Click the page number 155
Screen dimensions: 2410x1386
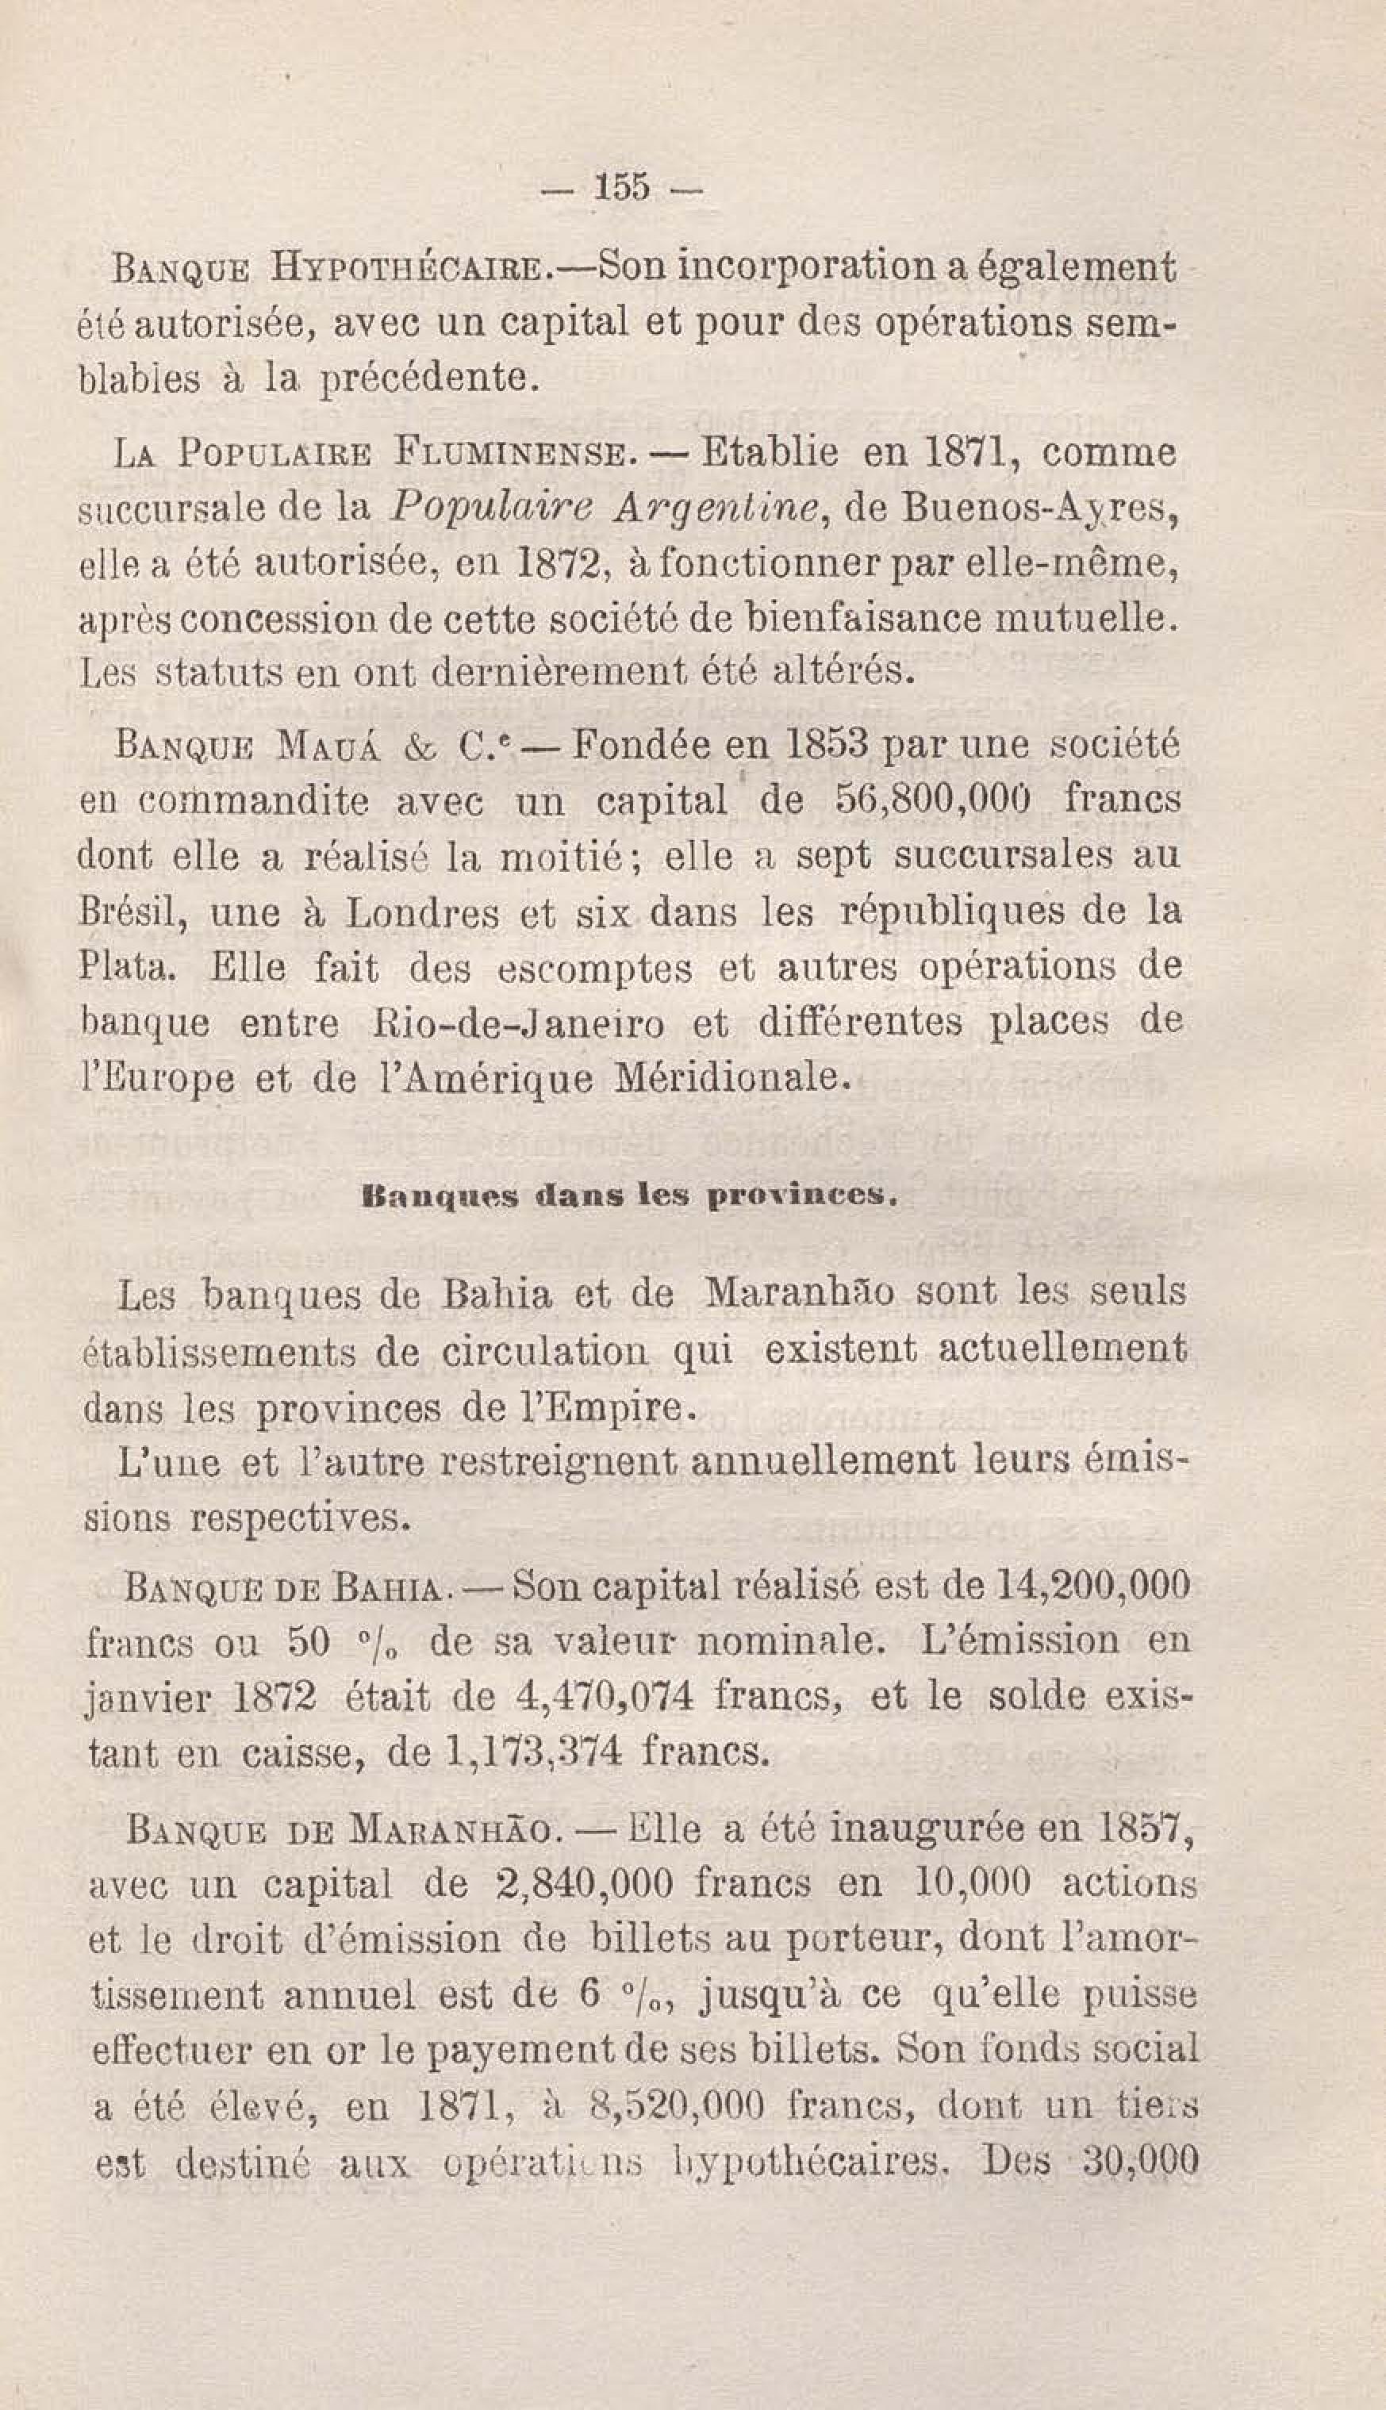(x=622, y=187)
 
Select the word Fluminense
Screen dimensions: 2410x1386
(x=509, y=452)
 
